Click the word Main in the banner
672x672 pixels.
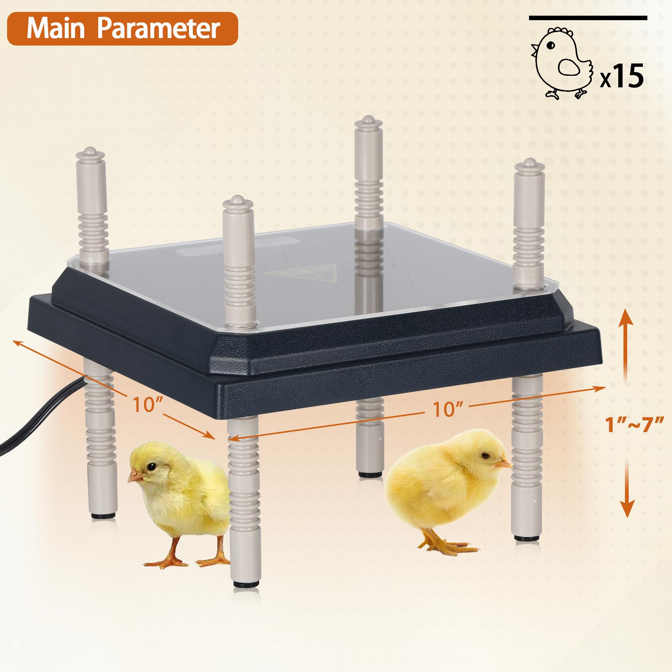56,28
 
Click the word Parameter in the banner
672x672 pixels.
159,28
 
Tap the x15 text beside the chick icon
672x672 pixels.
622,76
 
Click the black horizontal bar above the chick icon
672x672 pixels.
588,18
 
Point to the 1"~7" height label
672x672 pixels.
634,424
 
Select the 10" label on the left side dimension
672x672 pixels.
148,404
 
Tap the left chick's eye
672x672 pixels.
151,467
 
